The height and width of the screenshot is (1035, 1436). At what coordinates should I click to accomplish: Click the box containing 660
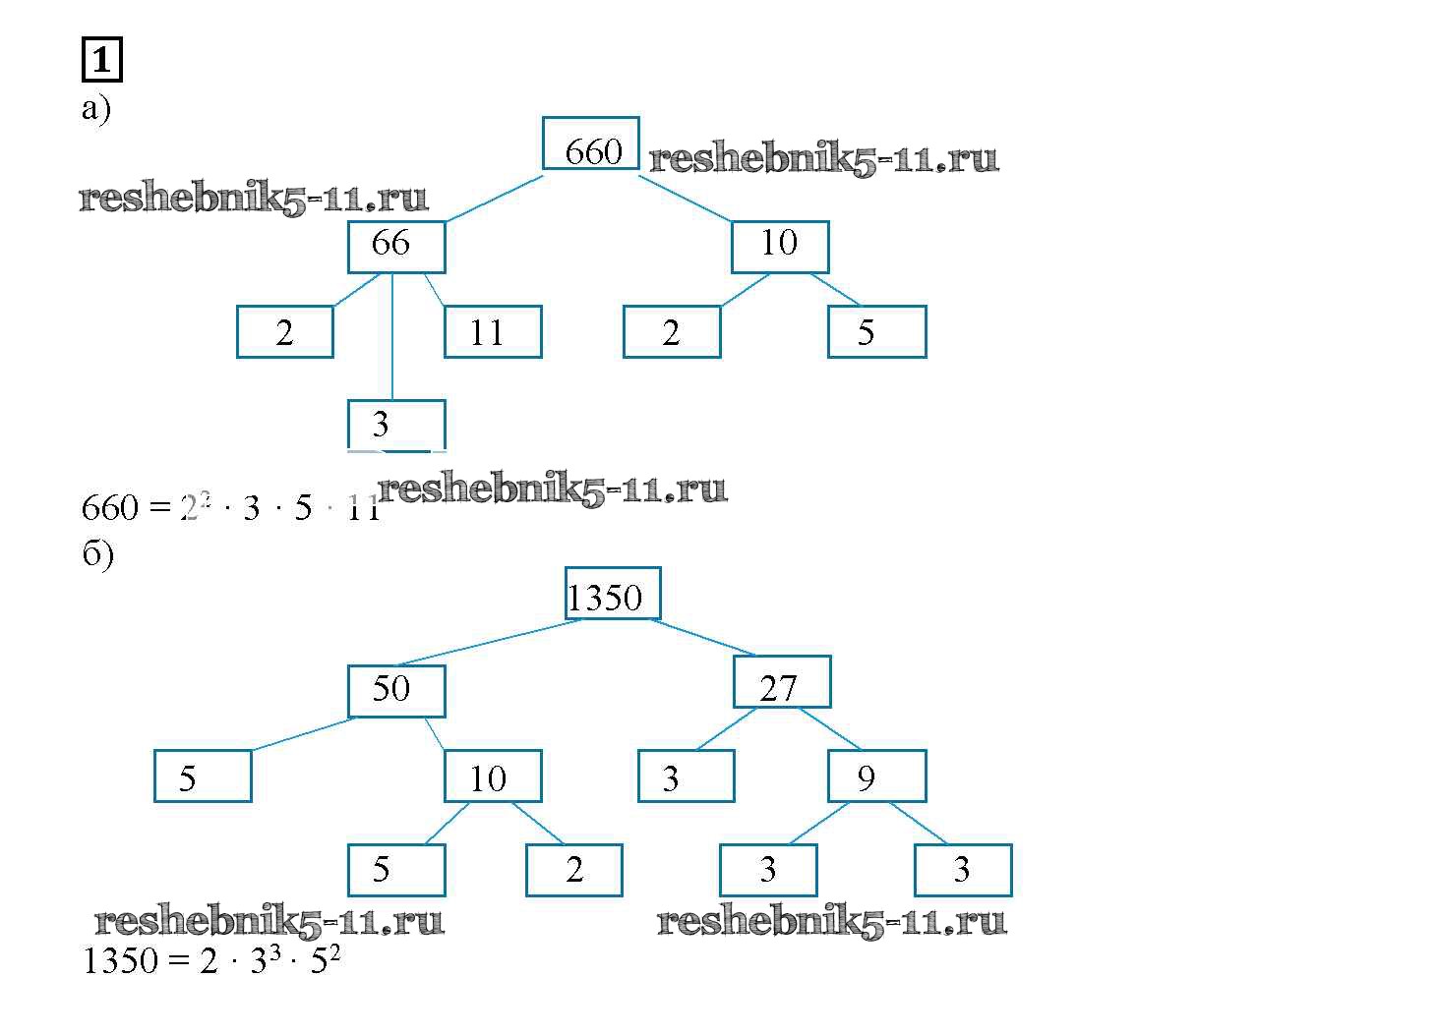click(590, 144)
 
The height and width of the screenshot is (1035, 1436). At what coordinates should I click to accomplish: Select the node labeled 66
click(395, 247)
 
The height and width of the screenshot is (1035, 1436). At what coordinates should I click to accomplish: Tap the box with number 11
click(492, 332)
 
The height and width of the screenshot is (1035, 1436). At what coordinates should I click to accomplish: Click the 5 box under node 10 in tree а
click(875, 332)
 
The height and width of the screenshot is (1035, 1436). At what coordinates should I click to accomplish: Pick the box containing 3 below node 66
click(395, 425)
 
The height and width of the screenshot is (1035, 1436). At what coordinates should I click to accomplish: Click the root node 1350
click(612, 594)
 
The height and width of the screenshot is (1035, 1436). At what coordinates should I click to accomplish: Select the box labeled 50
click(395, 691)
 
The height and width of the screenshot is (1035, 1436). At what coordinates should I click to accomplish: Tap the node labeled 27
click(781, 682)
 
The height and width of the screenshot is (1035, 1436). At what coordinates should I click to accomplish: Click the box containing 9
click(875, 776)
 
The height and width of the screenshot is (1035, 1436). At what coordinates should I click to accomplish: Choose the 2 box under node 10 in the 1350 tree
click(573, 870)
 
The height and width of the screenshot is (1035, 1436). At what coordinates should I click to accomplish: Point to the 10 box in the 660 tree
click(779, 247)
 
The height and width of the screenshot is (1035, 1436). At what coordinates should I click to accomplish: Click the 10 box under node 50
click(492, 776)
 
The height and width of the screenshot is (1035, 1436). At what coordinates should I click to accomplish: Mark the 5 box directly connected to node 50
click(203, 776)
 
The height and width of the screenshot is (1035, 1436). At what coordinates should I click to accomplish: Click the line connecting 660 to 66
click(486, 199)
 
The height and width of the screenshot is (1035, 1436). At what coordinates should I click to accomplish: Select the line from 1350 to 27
click(704, 637)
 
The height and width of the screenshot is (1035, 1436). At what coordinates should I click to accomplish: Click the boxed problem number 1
click(100, 61)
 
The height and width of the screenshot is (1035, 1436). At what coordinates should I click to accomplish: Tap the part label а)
click(95, 108)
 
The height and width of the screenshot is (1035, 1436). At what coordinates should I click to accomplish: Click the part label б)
click(97, 554)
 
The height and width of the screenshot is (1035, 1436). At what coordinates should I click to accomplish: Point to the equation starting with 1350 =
click(211, 960)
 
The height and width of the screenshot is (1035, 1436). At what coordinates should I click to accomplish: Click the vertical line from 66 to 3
click(392, 336)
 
